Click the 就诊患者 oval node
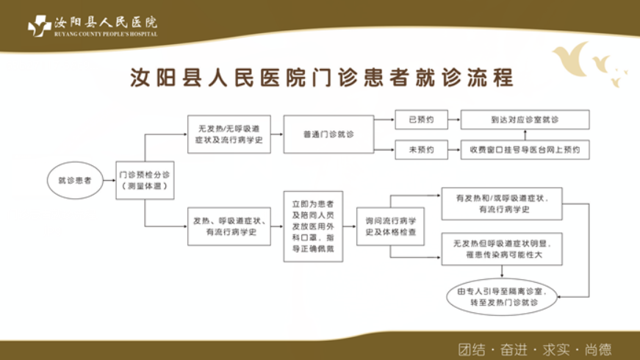pos(75,180)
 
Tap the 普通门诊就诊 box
pos(328,134)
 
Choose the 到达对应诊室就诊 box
pos(525,119)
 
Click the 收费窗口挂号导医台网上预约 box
pos(525,150)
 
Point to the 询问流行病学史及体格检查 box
pos(390,226)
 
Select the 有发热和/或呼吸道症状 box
pos(502,204)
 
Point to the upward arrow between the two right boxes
pos(525,134)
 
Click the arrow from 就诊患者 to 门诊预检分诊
pos(109,180)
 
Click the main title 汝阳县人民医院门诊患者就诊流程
pos(321,78)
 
